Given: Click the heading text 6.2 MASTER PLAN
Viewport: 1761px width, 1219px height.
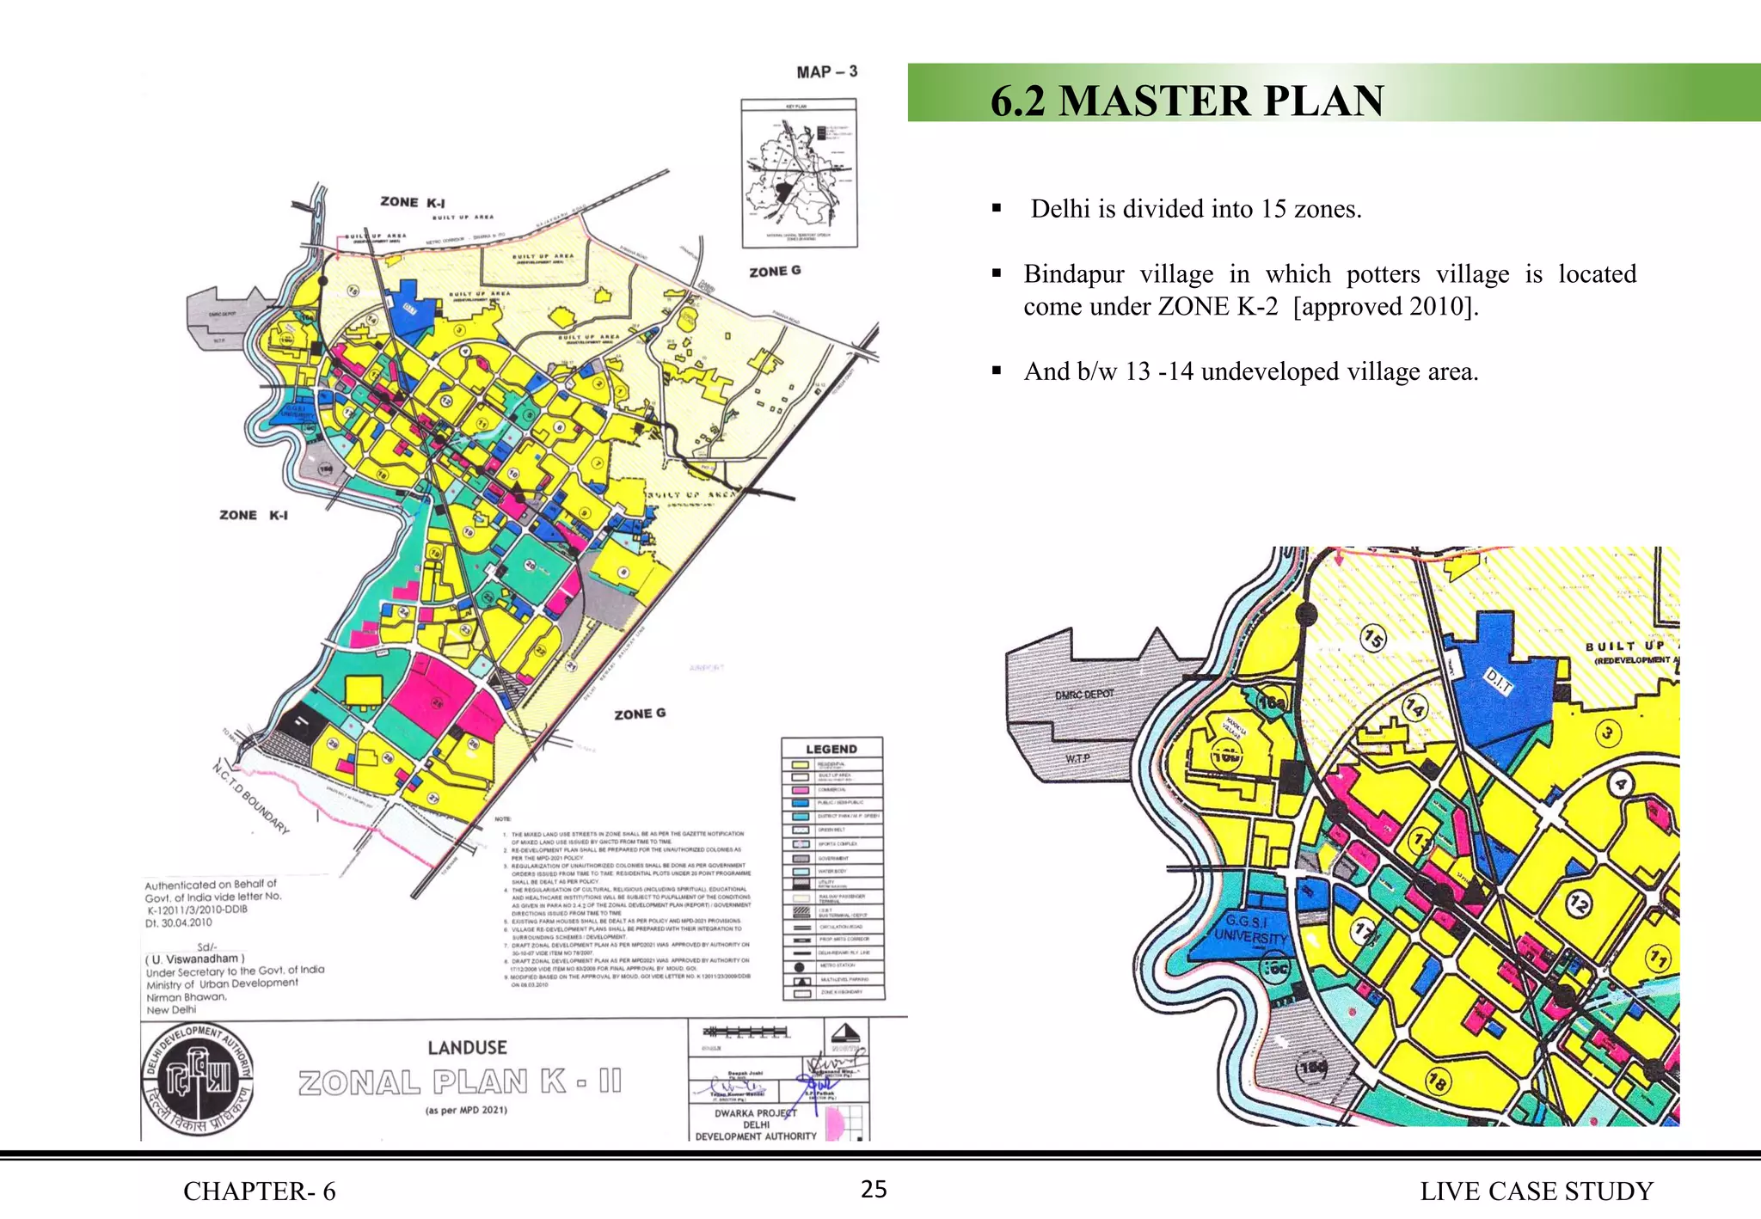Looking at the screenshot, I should click(1187, 101).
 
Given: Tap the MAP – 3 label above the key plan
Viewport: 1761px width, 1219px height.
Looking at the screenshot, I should click(826, 72).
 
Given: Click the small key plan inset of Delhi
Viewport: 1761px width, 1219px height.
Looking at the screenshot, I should click(799, 173).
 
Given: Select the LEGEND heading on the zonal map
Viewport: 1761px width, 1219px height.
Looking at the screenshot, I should click(831, 749).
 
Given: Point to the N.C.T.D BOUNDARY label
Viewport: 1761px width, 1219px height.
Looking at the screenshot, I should click(250, 798).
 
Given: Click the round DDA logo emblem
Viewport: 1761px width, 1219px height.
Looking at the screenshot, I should click(198, 1080).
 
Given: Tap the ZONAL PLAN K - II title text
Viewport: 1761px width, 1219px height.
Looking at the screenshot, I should click(460, 1081).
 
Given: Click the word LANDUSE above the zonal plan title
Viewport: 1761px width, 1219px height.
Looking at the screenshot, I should click(467, 1047).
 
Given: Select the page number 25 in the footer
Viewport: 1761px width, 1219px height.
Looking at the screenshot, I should click(874, 1190).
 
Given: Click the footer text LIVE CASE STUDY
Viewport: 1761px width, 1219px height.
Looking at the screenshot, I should click(1537, 1191).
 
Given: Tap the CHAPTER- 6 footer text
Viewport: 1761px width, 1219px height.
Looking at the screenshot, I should click(259, 1191).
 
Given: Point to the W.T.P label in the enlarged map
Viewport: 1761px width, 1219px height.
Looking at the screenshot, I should click(1077, 758).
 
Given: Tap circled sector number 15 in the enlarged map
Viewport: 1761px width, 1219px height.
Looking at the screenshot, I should click(1373, 639).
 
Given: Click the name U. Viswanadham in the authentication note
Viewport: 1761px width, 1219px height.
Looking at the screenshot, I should click(196, 959).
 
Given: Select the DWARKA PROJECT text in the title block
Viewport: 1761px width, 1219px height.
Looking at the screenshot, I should click(755, 1112).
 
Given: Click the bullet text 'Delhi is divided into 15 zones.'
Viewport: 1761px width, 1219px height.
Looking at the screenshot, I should click(1195, 209).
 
